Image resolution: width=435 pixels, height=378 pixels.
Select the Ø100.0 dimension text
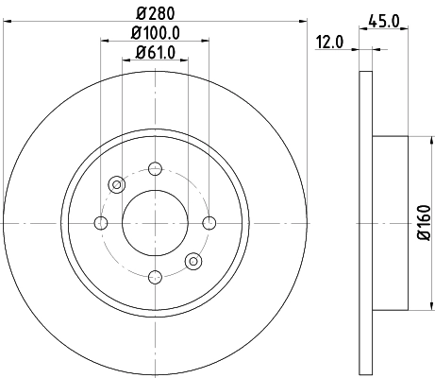(156, 33)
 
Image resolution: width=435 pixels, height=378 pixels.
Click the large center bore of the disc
(155, 223)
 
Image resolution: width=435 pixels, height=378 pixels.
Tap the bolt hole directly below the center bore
(155, 276)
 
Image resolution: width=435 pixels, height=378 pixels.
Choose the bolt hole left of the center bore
(101, 223)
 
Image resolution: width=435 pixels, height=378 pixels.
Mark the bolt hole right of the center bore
(209, 223)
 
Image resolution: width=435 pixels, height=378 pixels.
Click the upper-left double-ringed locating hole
(117, 184)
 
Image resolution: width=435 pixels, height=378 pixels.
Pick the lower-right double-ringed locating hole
(192, 261)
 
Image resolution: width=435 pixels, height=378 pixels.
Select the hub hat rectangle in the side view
(391, 222)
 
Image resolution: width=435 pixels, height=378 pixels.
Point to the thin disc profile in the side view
(367, 222)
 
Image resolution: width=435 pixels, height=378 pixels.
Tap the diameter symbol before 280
(141, 14)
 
